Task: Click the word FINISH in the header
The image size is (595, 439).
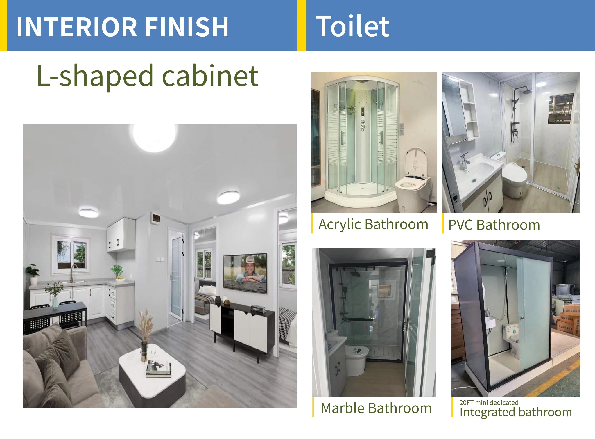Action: click(186, 27)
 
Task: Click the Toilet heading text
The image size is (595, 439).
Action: click(352, 26)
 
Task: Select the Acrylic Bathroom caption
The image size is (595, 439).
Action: click(373, 224)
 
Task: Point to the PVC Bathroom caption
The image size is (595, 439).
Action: click(494, 225)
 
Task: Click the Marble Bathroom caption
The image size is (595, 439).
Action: click(376, 408)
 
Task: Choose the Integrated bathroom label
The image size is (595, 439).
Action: click(516, 412)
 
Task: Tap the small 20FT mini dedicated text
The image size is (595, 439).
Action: click(489, 402)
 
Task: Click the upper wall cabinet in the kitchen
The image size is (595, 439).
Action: click(121, 234)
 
